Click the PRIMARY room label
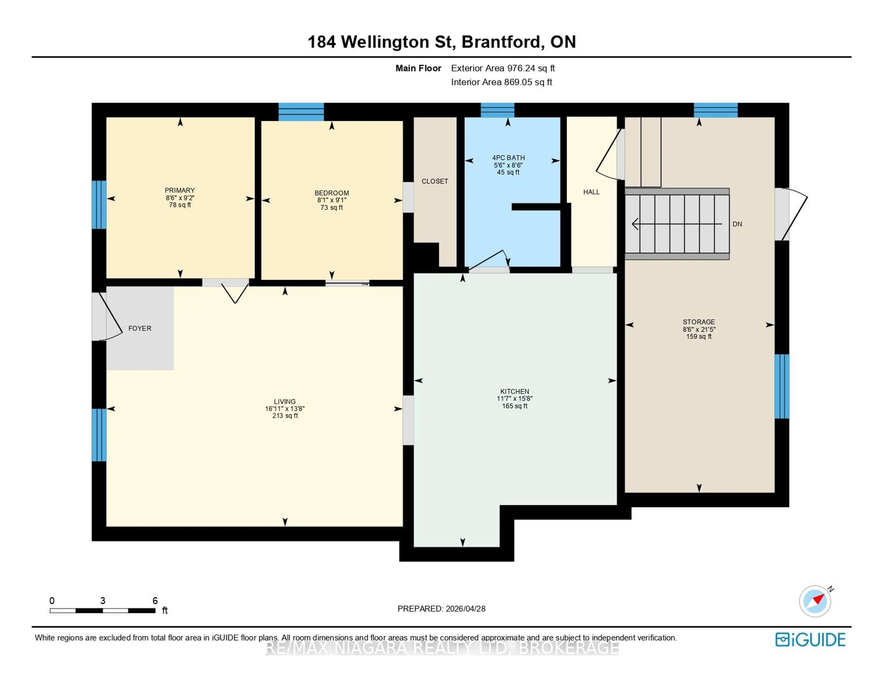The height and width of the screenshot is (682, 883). point(180,190)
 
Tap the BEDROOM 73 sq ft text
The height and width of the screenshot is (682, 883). point(332,207)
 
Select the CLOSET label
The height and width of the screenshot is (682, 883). point(435,181)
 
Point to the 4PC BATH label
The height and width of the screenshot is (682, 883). point(508,158)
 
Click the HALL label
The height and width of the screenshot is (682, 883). point(591,192)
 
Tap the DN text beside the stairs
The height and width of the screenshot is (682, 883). point(737,224)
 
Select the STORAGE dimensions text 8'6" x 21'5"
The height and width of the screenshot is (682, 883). point(699,329)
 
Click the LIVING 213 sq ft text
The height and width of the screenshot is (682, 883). point(285,416)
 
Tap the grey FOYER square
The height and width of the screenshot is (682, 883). point(140,328)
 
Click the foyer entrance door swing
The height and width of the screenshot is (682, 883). point(111,319)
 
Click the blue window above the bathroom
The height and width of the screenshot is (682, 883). point(497,110)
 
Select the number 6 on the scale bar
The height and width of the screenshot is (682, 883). point(155,601)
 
